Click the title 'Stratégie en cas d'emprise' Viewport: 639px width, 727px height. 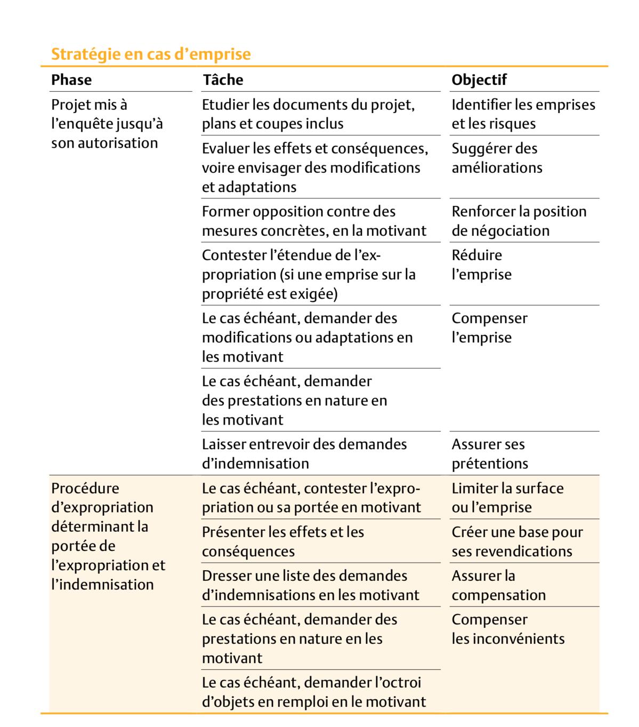pyautogui.click(x=151, y=54)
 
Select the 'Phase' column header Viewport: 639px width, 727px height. pyautogui.click(x=71, y=80)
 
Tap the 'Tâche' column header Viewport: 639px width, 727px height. pyautogui.click(x=223, y=80)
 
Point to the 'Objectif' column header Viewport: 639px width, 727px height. pyautogui.click(x=479, y=80)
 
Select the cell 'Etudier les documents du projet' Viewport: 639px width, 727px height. pyautogui.click(x=308, y=114)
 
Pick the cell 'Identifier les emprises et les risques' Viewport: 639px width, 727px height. pyautogui.click(x=523, y=114)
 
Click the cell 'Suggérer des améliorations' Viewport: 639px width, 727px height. pyautogui.click(x=497, y=158)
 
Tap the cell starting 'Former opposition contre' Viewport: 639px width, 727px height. pyautogui.click(x=314, y=221)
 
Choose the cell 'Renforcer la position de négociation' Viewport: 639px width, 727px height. pyautogui.click(x=519, y=221)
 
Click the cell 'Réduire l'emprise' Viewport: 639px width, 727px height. pyautogui.click(x=481, y=265)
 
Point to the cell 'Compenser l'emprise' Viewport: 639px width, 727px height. pyautogui.click(x=489, y=327)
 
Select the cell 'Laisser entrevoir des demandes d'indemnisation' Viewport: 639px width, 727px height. pyautogui.click(x=304, y=453)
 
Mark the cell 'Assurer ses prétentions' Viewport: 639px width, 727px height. pyautogui.click(x=490, y=453)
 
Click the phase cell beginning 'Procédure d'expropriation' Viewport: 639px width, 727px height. pyautogui.click(x=108, y=536)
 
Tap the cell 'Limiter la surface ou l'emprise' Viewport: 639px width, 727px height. pyautogui.click(x=507, y=497)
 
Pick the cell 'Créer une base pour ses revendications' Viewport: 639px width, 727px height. pyautogui.click(x=517, y=541)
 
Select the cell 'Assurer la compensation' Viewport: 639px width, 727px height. pyautogui.click(x=498, y=585)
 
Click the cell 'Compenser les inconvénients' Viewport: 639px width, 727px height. pyautogui.click(x=508, y=629)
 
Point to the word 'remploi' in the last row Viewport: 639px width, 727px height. pyautogui.click(x=303, y=701)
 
